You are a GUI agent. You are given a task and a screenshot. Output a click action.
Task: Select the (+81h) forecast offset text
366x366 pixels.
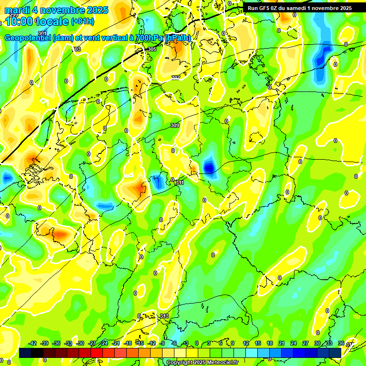[82, 21]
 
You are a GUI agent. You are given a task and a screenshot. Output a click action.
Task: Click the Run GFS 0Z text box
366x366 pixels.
[299, 8]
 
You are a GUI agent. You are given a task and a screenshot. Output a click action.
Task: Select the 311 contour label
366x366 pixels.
[180, 183]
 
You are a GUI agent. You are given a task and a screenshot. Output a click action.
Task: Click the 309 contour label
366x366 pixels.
[175, 125]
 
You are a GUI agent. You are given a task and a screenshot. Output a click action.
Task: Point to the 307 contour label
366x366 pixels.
[176, 77]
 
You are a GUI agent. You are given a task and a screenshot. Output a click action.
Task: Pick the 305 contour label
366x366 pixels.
[152, 49]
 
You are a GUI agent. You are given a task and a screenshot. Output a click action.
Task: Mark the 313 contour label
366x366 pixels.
[164, 316]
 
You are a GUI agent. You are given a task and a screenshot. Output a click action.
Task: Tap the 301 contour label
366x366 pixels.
[42, 47]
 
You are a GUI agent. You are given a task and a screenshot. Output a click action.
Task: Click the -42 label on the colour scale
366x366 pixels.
[33, 343]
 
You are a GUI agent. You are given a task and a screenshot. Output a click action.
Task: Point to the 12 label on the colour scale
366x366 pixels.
[246, 343]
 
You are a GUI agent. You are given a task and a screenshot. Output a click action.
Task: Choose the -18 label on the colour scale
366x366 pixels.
[128, 343]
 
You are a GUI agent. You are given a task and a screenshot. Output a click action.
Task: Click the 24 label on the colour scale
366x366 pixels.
[293, 343]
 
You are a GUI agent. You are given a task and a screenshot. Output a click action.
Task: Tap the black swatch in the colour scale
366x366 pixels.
[37, 353]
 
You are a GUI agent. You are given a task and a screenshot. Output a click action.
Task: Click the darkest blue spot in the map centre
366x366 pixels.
[209, 167]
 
